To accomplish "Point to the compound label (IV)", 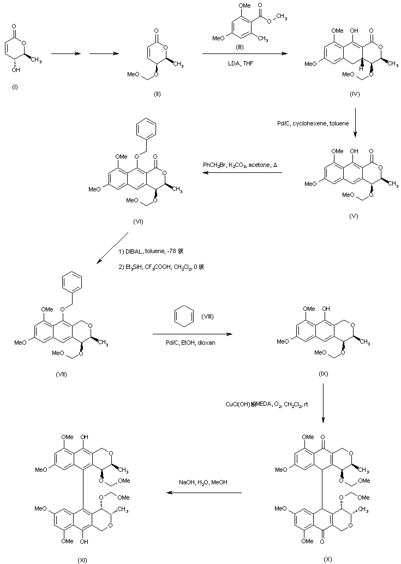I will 355,94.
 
